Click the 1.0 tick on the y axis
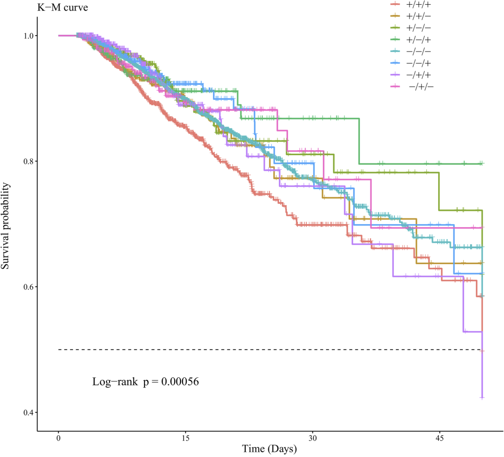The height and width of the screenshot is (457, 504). (27, 35)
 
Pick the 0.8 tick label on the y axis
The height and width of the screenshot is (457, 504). (27, 161)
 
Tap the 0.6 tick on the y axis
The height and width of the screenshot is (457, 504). (27, 287)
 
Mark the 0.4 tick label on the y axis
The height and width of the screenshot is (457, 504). (27, 412)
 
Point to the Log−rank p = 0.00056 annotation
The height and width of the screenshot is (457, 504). (146, 381)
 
